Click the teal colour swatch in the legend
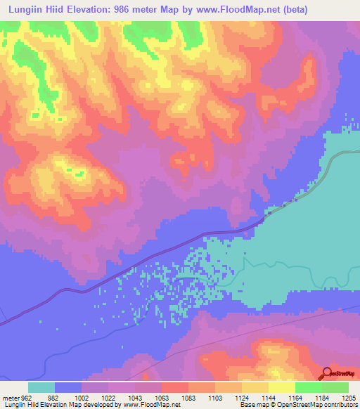coord(41,387)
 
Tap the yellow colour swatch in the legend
coord(282,387)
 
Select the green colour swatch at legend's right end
coord(335,387)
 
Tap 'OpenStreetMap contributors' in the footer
coord(319,405)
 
